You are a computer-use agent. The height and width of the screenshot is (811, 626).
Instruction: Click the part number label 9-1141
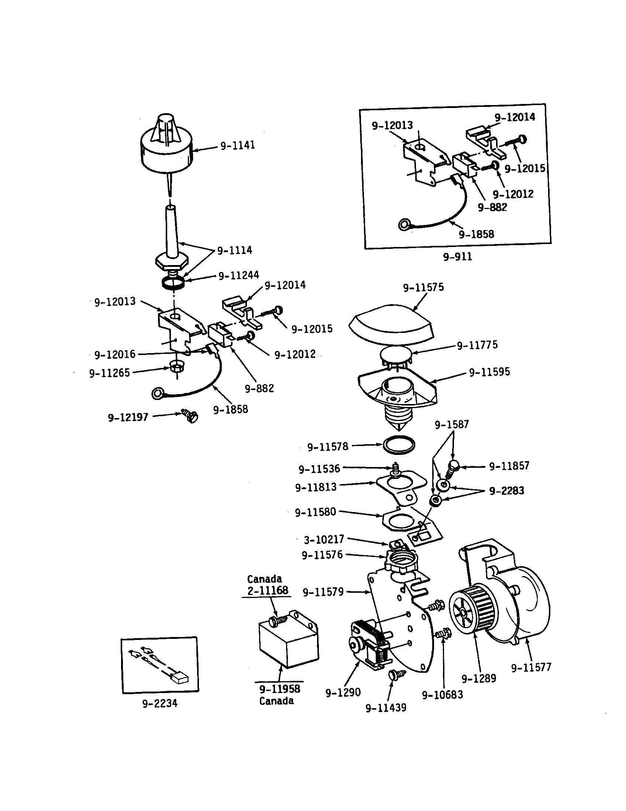(238, 145)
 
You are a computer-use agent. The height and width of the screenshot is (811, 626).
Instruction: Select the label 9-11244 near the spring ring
(238, 275)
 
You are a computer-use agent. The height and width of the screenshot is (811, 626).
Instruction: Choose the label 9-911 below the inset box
(458, 257)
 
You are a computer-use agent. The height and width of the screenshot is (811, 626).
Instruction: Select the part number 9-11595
(489, 372)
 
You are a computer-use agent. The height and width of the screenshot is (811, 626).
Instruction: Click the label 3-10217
(324, 539)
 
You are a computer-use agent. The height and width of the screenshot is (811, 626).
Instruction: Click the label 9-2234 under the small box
(160, 703)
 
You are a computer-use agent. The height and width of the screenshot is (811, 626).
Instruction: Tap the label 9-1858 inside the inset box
(476, 234)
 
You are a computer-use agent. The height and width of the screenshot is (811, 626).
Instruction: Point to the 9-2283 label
(506, 491)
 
